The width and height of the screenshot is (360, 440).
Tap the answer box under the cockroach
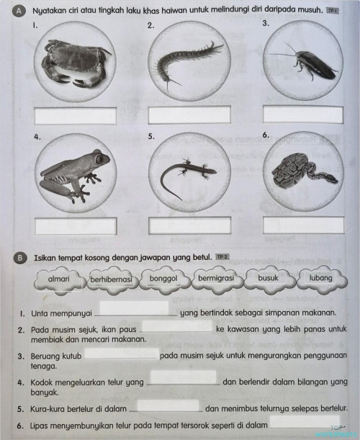point(302,114)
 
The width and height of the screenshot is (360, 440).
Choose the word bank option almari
point(58,279)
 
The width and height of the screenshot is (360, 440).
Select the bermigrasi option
point(217,278)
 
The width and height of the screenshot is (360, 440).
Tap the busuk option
point(269,278)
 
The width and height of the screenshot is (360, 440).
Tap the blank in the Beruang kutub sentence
point(122,354)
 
